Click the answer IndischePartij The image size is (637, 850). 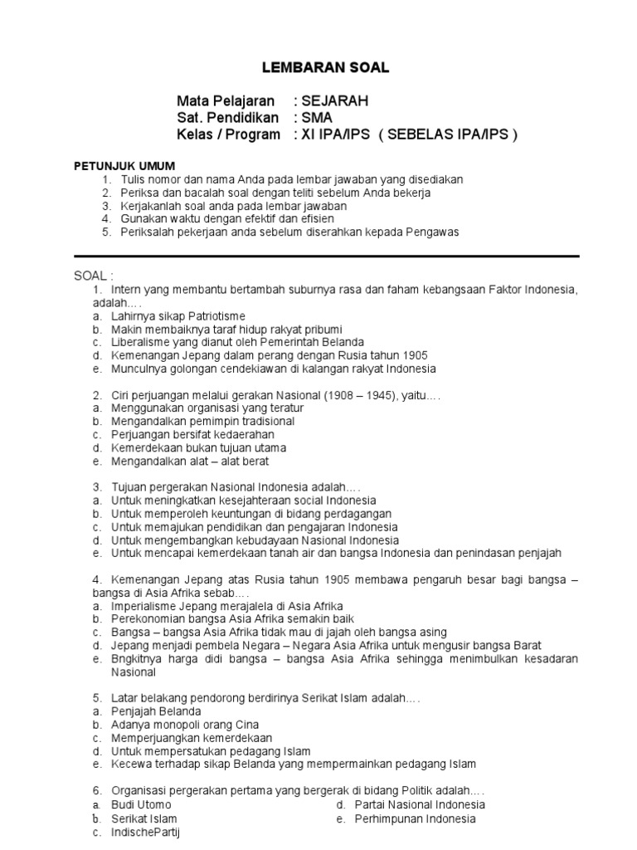145,832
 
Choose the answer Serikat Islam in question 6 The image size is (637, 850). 144,818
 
